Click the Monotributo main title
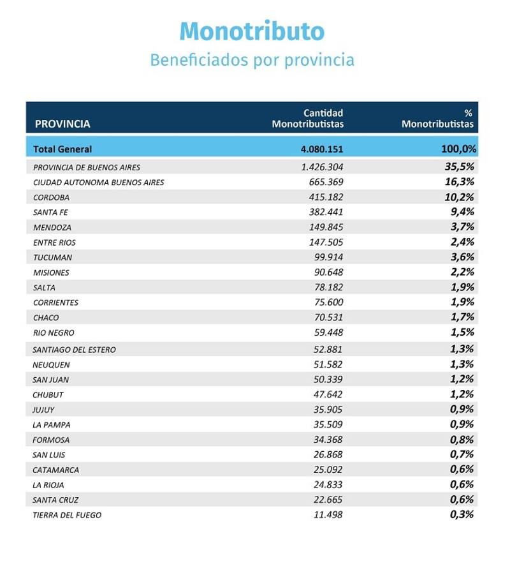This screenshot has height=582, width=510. [x=252, y=31]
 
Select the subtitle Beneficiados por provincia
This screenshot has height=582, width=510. [x=252, y=60]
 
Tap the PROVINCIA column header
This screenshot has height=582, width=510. [x=62, y=124]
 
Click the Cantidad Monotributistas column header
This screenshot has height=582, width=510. [x=308, y=118]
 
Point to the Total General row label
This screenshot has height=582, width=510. [x=62, y=149]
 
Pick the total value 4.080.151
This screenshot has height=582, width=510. [x=322, y=149]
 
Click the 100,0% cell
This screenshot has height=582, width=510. [x=458, y=149]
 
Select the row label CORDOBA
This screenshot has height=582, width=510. [x=52, y=197]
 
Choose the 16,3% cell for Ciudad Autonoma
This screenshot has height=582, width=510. [x=459, y=182]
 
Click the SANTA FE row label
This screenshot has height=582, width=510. [x=50, y=213]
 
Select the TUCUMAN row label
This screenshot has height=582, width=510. [x=52, y=258]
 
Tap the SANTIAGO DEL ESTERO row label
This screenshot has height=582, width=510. [x=74, y=350]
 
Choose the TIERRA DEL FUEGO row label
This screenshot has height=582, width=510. [x=67, y=515]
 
